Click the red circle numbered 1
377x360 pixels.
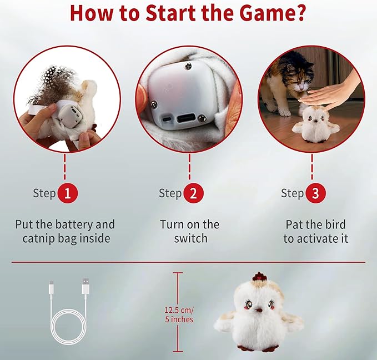[x=68, y=193]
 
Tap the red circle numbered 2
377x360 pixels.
[x=194, y=193]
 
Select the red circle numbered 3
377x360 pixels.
[x=316, y=193]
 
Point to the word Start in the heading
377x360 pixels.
[x=170, y=13]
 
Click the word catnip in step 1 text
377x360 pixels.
[x=38, y=239]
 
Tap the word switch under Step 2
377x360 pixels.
[x=190, y=238]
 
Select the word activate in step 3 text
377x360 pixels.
[x=316, y=238]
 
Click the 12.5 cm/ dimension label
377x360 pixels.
[x=179, y=309]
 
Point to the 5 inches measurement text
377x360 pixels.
[x=179, y=319]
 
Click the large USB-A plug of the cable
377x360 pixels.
[x=86, y=286]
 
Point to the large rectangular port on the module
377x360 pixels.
[x=187, y=118]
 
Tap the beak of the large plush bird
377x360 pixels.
[x=259, y=310]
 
